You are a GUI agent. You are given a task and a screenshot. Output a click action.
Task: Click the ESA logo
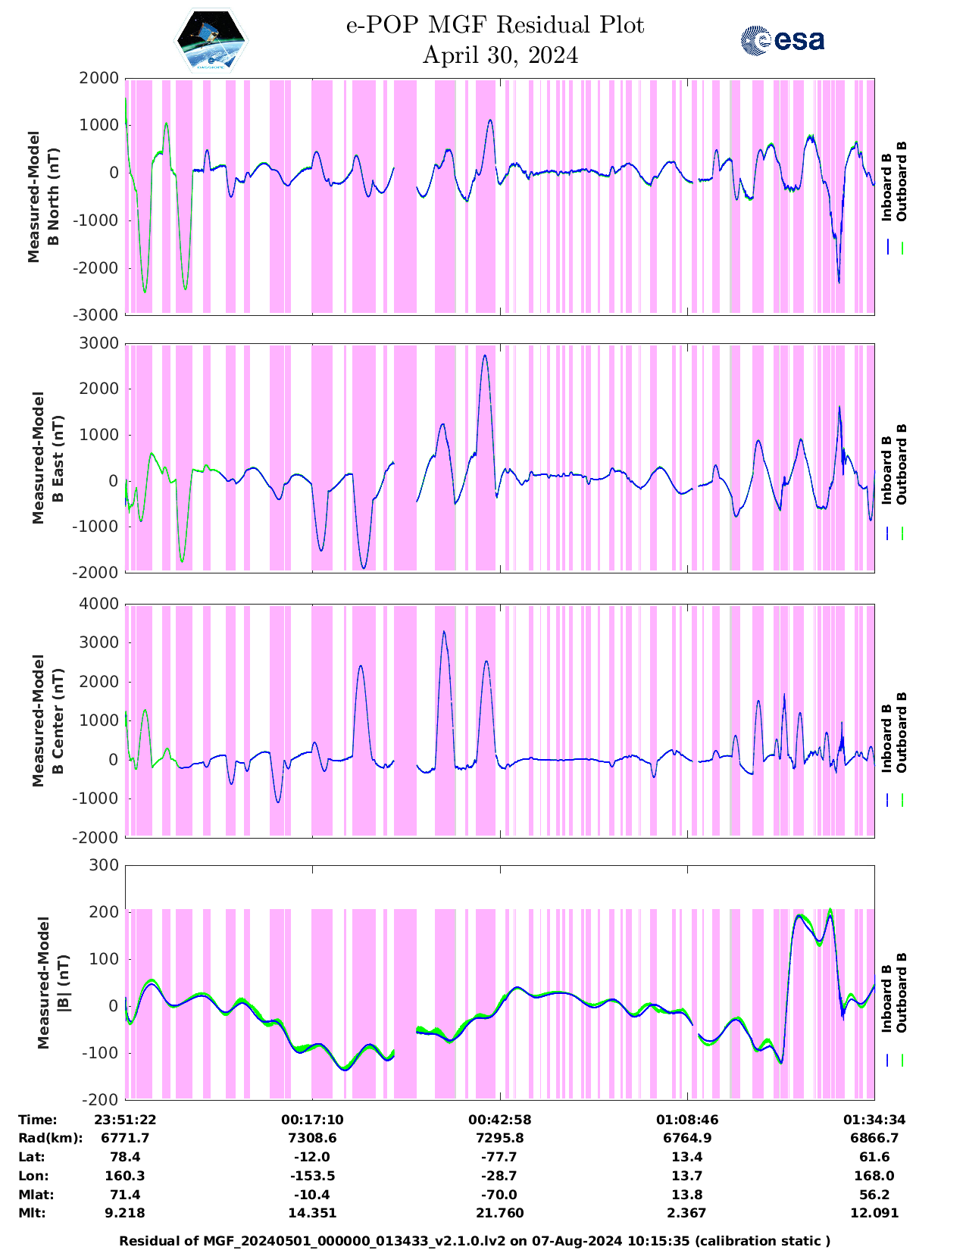pyautogui.click(x=782, y=41)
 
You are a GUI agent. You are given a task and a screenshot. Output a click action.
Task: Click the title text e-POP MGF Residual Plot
pyautogui.click(x=496, y=26)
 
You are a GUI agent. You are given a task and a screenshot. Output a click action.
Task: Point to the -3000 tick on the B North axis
pyautogui.click(x=98, y=315)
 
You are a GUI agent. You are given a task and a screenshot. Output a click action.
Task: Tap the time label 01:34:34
pyautogui.click(x=874, y=1120)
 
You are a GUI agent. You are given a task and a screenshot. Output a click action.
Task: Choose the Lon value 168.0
pyautogui.click(x=874, y=1176)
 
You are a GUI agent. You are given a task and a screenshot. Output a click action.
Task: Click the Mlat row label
pyautogui.click(x=35, y=1195)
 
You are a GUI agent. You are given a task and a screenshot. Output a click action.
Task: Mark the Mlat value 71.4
pyautogui.click(x=125, y=1195)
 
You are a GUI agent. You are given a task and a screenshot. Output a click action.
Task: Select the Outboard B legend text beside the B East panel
pyautogui.click(x=901, y=464)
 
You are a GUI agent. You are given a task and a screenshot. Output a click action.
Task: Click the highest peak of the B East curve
pyautogui.click(x=485, y=355)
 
